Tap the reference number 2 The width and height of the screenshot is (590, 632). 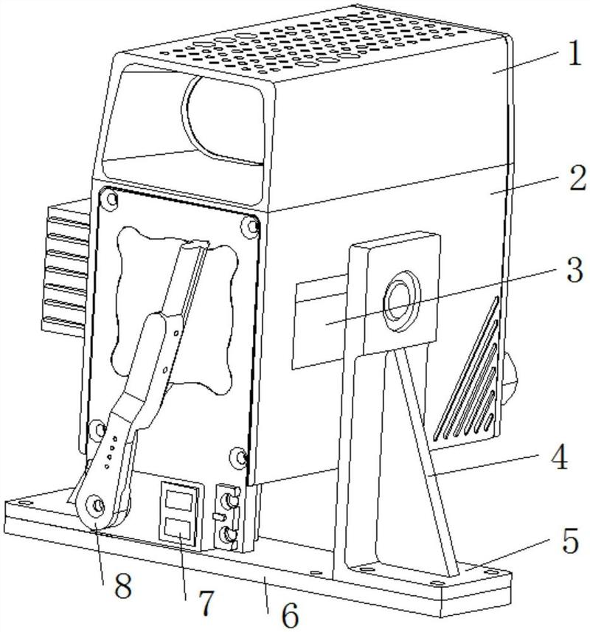(x=570, y=179)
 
